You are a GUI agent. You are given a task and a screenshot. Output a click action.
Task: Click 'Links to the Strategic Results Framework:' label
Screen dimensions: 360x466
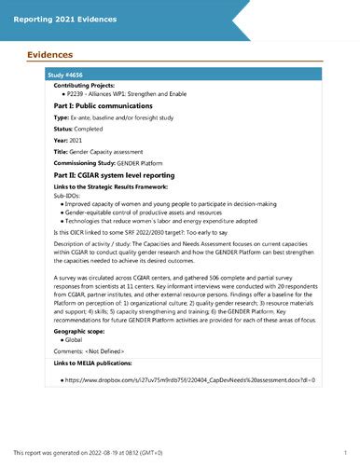[108, 194]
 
